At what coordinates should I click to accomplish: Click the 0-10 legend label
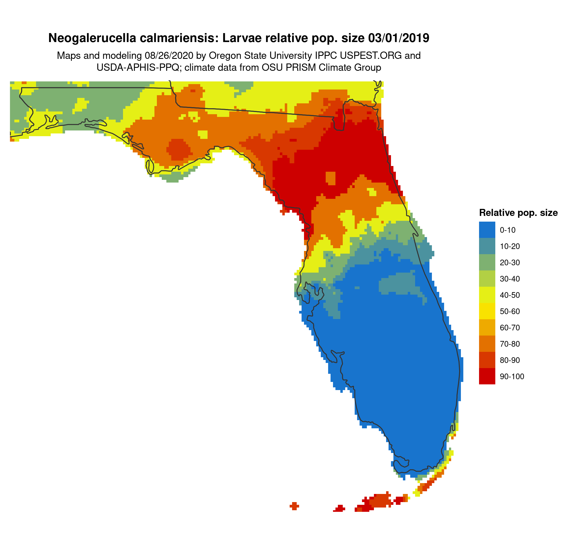point(507,230)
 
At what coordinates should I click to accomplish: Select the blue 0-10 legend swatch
point(487,230)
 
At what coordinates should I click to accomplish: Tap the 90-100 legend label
point(512,377)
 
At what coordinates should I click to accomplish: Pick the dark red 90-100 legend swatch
point(487,377)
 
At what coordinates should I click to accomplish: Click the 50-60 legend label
point(510,311)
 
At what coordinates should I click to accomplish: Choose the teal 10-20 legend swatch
point(487,246)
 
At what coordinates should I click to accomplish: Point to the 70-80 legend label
point(510,344)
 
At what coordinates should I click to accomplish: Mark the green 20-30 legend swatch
point(487,262)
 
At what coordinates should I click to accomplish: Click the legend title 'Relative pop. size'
point(518,213)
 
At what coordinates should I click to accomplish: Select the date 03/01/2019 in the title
point(399,38)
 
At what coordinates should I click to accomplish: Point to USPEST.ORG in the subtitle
point(371,55)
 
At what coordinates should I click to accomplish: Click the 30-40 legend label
point(510,279)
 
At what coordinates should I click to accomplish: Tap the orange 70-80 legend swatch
point(487,344)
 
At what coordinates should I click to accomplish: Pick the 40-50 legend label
point(510,295)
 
